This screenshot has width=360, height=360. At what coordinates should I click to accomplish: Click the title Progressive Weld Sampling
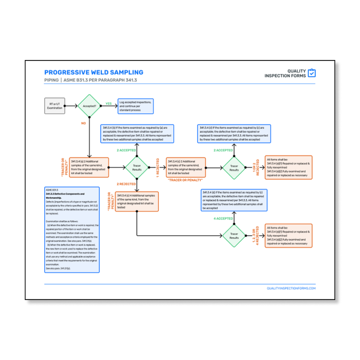94,72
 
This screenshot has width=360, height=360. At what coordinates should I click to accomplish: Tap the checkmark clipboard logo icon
312,73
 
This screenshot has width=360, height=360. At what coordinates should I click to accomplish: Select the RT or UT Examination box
55,106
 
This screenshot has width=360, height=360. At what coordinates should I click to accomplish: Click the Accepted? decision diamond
89,106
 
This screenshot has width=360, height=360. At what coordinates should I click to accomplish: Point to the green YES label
108,103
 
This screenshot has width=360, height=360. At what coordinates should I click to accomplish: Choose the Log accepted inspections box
136,106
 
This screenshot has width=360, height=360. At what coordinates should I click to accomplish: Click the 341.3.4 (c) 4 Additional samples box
137,201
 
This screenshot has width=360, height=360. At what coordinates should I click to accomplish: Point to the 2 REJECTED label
127,184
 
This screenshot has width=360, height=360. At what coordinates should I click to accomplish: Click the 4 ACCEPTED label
223,218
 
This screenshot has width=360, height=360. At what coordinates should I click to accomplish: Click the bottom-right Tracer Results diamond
234,236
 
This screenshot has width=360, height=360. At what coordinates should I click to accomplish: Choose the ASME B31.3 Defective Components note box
72,230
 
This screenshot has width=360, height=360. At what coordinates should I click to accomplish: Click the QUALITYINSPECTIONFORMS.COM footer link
291,288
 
